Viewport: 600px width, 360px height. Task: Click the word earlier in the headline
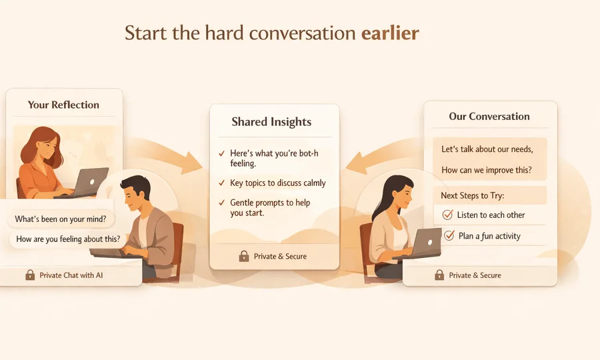point(390,33)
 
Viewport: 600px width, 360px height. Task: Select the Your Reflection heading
point(63,105)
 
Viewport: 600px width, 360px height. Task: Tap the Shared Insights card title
point(271,121)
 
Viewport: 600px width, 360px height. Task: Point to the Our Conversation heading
point(489,116)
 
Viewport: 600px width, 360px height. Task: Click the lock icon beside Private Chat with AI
point(30,275)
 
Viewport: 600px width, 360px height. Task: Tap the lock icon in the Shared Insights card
point(243,256)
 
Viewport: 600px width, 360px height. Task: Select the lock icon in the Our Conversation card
point(439,275)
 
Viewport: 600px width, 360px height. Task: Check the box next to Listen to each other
point(448,215)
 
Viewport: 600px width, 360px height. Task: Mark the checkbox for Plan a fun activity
point(449,235)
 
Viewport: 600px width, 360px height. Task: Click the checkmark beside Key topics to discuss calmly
point(221,183)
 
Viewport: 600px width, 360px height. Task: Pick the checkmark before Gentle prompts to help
point(221,203)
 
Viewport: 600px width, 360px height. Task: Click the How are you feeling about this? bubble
point(68,239)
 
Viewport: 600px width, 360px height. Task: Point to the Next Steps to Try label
point(473,196)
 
